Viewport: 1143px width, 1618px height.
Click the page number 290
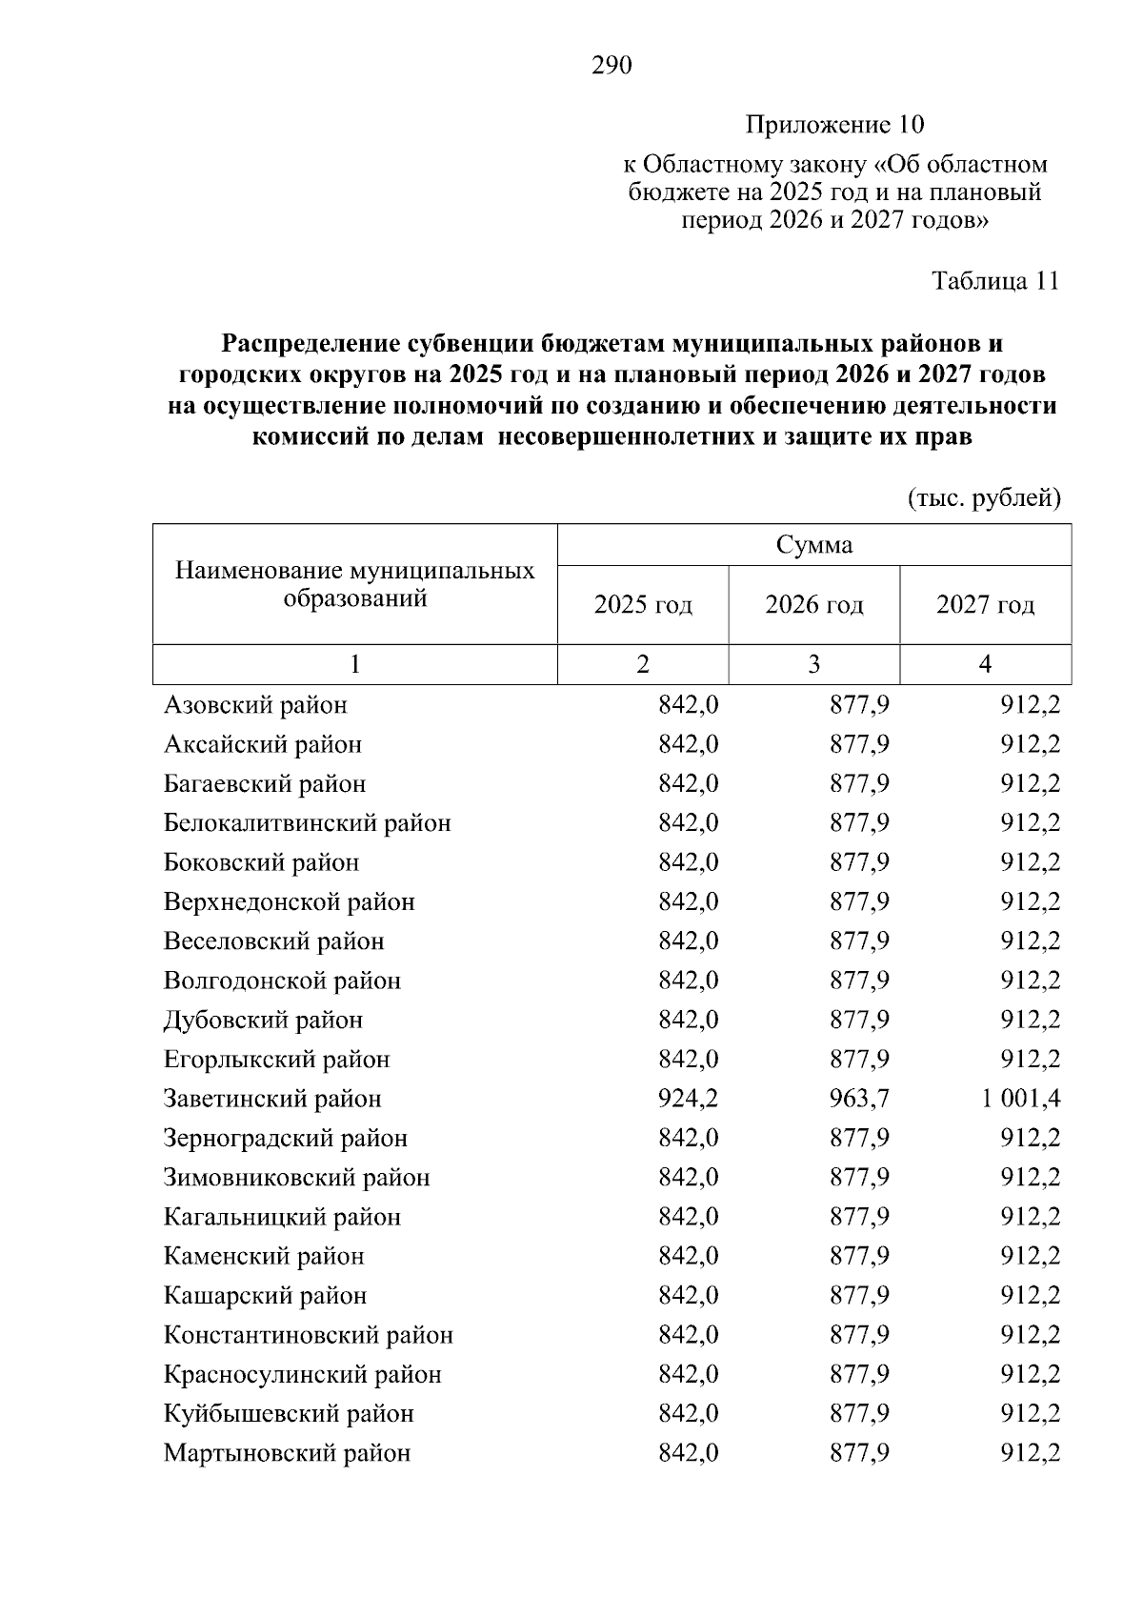612,66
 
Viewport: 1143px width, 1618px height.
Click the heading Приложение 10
834,125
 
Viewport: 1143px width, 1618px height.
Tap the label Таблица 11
995,281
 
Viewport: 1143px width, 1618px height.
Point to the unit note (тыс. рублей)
984,497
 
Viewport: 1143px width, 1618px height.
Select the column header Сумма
813,545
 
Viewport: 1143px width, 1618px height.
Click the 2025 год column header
643,605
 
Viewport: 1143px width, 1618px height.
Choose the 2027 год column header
985,605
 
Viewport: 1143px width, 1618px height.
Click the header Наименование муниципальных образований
354,584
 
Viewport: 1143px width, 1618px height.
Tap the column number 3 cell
813,664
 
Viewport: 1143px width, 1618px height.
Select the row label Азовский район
255,705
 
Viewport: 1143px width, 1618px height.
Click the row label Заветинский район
272,1099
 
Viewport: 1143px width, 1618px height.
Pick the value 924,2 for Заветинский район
688,1099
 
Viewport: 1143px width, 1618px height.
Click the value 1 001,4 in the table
1020,1099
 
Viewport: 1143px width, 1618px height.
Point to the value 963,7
859,1099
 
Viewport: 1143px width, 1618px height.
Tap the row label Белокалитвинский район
307,823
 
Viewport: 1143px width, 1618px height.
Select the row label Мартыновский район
287,1453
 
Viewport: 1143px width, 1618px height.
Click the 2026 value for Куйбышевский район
859,1414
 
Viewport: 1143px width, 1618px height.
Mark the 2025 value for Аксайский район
688,744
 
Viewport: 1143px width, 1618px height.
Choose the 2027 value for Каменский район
1030,1257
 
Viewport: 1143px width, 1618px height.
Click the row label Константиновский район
308,1335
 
